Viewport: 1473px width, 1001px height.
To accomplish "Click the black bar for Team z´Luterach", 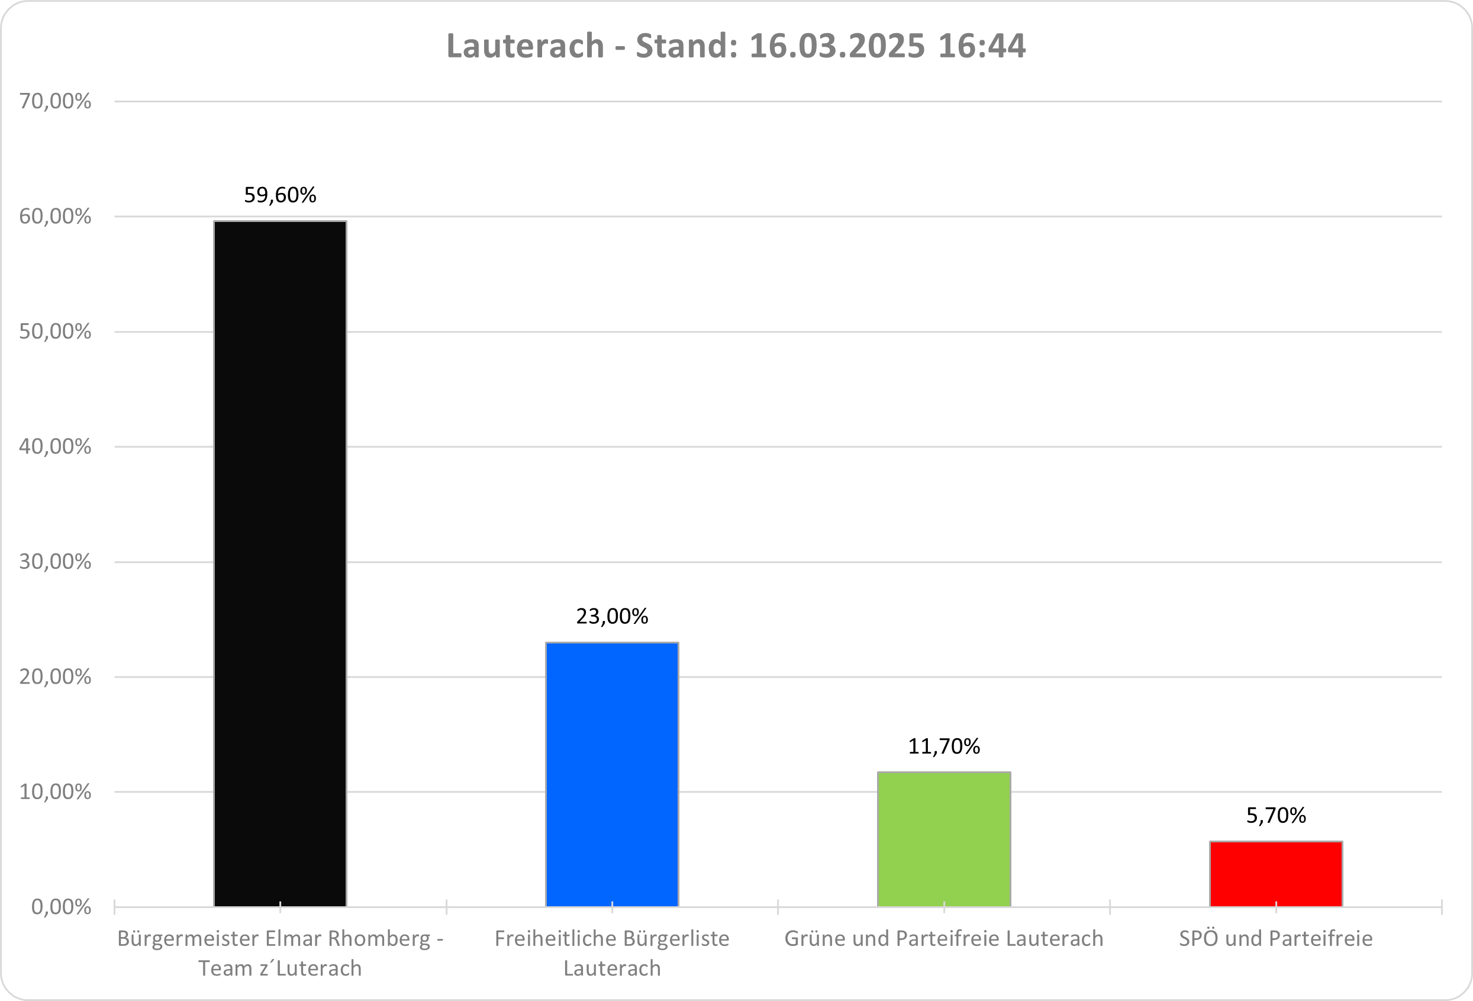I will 279,564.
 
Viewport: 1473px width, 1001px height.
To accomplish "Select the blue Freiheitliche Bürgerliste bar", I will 612,774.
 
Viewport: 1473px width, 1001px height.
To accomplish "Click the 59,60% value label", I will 279,195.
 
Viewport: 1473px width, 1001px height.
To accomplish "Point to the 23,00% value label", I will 612,616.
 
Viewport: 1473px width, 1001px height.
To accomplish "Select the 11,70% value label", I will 944,746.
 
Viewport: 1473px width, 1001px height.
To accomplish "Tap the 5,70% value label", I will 1276,815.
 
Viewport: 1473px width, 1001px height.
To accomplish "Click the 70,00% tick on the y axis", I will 55,101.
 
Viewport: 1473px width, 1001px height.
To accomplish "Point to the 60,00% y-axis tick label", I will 55,217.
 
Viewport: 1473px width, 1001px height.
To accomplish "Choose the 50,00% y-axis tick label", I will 55,331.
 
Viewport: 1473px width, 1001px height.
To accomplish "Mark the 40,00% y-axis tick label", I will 55,447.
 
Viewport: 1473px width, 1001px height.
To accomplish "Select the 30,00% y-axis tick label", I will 55,562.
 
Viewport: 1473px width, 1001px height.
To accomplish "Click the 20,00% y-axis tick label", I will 55,677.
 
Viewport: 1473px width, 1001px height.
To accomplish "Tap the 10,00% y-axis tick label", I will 55,792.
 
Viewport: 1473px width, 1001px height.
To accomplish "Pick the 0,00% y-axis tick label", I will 61,907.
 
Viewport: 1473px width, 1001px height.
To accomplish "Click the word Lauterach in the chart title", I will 526,46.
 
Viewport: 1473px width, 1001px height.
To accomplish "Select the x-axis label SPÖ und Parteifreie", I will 1275,939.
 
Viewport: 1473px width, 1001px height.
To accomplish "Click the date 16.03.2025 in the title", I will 837,46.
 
